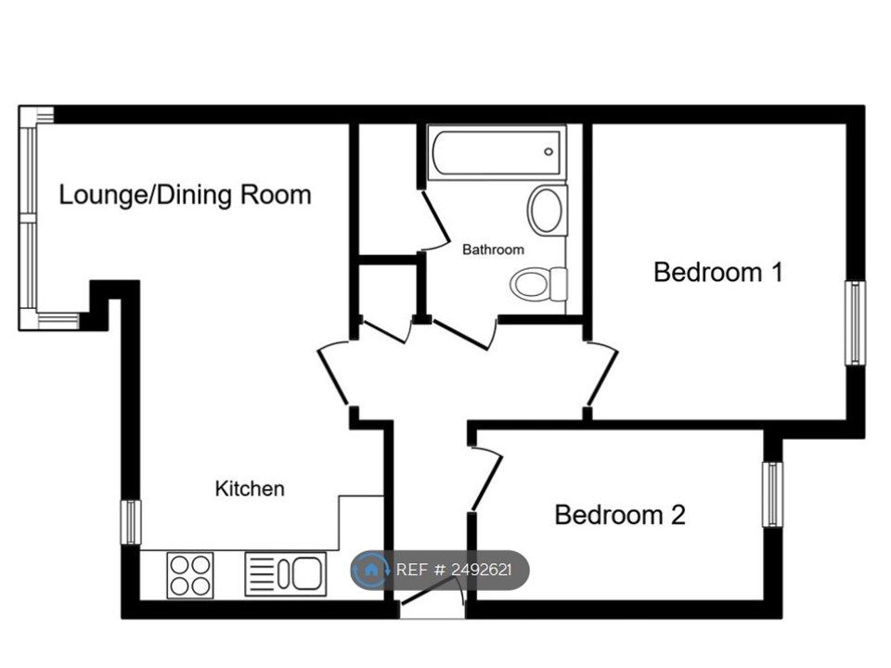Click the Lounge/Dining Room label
click(185, 195)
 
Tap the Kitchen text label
click(250, 488)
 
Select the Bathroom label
click(493, 250)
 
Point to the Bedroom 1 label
click(718, 272)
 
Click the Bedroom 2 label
click(619, 514)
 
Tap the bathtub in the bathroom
click(497, 150)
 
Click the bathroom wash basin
click(548, 210)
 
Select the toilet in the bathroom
click(539, 283)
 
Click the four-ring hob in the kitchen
click(190, 573)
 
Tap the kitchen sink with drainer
click(285, 573)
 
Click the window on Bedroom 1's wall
click(854, 323)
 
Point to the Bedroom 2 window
click(772, 494)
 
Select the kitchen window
click(132, 521)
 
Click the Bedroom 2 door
click(485, 480)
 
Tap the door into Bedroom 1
click(600, 375)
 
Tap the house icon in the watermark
click(372, 569)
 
